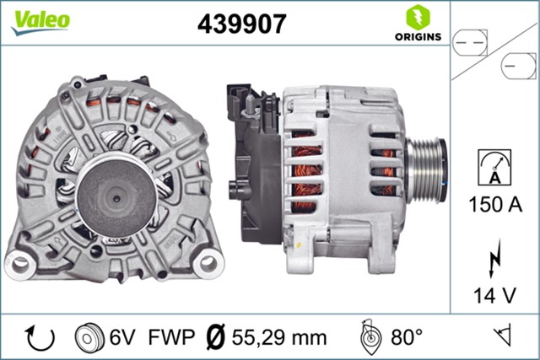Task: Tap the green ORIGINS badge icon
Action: click(x=416, y=17)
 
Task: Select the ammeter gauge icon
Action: click(x=494, y=165)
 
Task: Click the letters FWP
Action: click(x=167, y=338)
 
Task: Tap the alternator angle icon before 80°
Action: click(x=370, y=337)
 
